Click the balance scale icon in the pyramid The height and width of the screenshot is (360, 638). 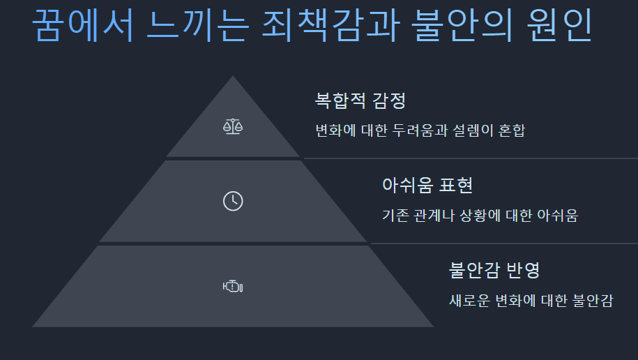(x=233, y=126)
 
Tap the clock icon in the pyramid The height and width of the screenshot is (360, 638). (x=233, y=201)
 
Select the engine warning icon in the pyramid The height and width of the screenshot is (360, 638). (x=233, y=286)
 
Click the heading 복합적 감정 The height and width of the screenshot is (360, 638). (x=360, y=100)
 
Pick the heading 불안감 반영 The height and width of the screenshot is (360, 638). (x=495, y=270)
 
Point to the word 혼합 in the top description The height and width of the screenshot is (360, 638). (x=515, y=130)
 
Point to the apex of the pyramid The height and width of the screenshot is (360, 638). (x=233, y=77)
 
